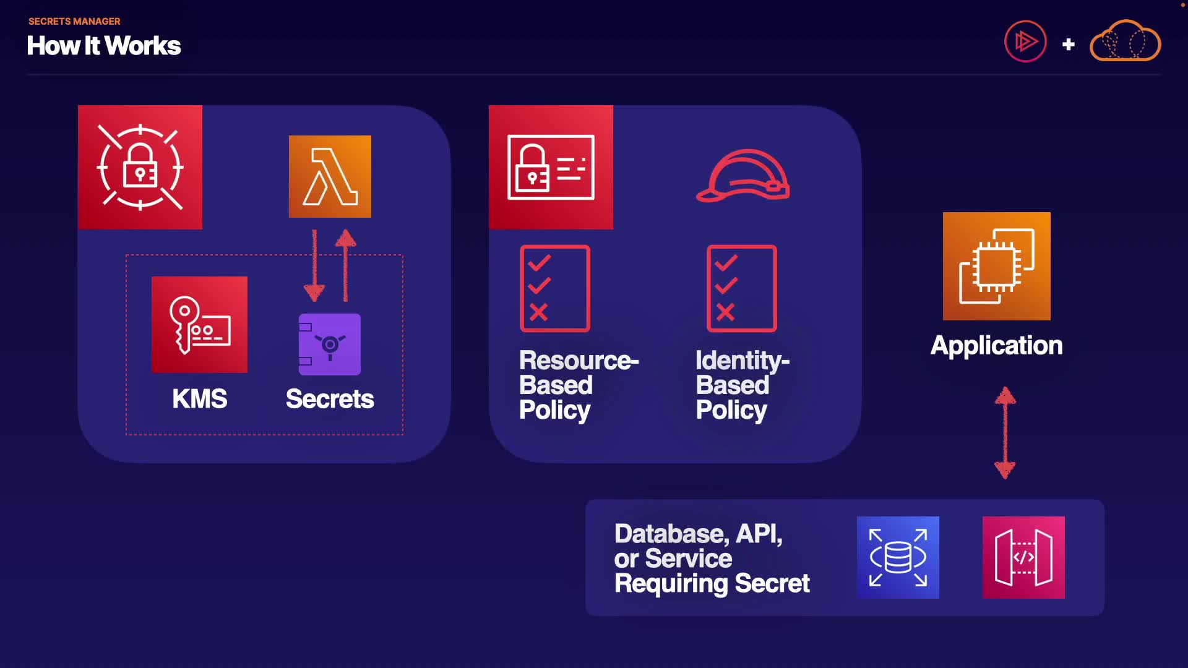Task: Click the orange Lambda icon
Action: click(x=330, y=176)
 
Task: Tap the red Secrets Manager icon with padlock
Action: click(x=140, y=167)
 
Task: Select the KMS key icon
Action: click(x=199, y=324)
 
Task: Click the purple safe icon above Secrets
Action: click(x=330, y=344)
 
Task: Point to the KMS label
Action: click(x=199, y=399)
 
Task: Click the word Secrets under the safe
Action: click(x=330, y=399)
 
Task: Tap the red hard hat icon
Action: click(x=743, y=176)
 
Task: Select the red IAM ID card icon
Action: click(x=551, y=167)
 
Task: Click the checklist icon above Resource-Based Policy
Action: click(x=555, y=288)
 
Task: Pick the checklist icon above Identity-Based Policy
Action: click(x=742, y=288)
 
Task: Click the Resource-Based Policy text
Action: click(x=578, y=385)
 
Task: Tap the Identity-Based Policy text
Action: click(x=742, y=385)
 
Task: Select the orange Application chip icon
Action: click(x=996, y=266)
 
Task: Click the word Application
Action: click(x=996, y=345)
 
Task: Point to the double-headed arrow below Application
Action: click(x=1005, y=433)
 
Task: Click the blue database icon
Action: click(x=898, y=557)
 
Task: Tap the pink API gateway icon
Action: click(x=1023, y=557)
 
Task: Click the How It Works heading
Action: click(x=104, y=46)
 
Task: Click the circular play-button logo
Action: click(x=1025, y=41)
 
